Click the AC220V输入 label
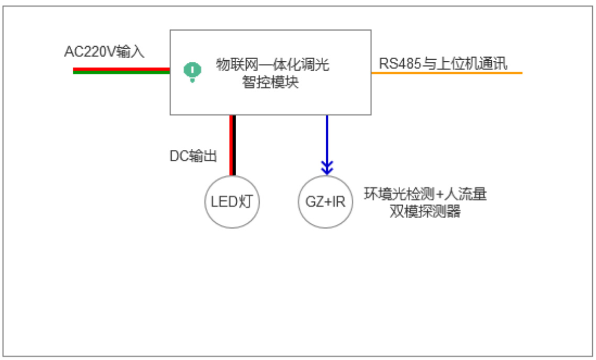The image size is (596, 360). [x=104, y=52]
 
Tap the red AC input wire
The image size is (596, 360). [x=121, y=69]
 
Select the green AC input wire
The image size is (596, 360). [x=121, y=72]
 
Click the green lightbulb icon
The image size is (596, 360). [x=193, y=72]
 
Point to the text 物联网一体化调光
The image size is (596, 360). [x=273, y=66]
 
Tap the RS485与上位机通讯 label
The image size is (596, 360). [x=443, y=64]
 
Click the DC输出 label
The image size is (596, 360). [x=193, y=156]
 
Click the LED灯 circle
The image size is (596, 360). [x=232, y=202]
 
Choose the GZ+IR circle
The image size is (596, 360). [x=325, y=202]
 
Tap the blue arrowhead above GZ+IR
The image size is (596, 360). [x=327, y=169]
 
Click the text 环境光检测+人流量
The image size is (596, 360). [x=425, y=195]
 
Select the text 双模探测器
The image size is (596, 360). [x=425, y=212]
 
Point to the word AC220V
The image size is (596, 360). [x=90, y=52]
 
